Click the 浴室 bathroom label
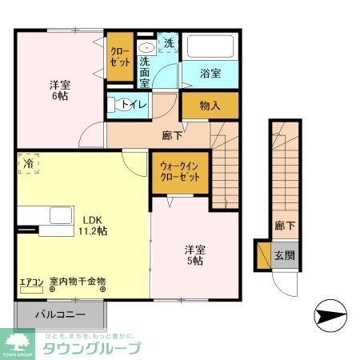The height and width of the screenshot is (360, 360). coord(210,74)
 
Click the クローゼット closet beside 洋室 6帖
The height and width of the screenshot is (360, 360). coord(120,57)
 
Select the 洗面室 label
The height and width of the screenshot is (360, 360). coord(146,71)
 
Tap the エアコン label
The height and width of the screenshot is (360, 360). coord(33,282)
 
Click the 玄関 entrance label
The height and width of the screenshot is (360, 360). coord(285,255)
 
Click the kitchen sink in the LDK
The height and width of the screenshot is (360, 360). coord(60,216)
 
